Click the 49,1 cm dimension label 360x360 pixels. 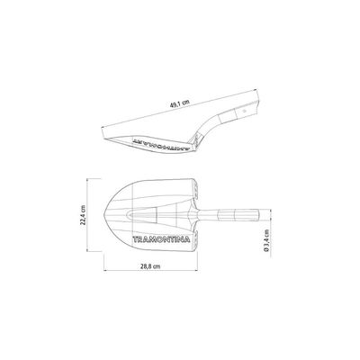180,103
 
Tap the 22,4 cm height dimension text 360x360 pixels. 84,215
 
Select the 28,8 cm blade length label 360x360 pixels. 150,266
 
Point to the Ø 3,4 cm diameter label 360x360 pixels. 266,240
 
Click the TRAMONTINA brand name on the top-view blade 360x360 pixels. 161,239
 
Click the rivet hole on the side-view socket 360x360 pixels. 245,111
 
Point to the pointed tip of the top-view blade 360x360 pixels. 104,215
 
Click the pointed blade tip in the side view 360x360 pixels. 103,139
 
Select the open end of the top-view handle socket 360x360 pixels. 258,215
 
